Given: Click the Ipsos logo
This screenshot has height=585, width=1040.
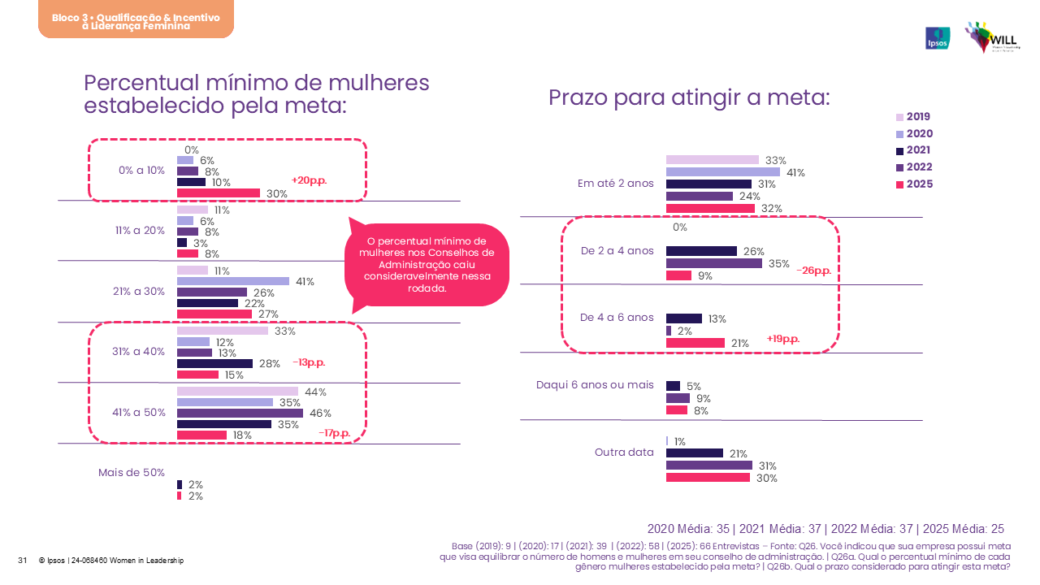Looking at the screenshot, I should pos(938,38).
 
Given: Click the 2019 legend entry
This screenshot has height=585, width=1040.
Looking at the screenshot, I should pos(913,117).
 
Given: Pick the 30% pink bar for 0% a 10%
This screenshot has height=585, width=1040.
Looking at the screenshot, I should pos(219,193).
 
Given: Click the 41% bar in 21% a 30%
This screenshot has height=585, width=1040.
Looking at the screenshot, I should pos(233,282).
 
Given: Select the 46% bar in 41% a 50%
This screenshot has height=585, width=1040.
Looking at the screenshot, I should pos(240,414).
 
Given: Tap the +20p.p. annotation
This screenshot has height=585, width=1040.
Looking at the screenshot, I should pos(309,180).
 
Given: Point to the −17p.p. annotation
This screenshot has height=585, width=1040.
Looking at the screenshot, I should pos(334,433).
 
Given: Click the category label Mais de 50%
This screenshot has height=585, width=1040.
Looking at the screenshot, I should pos(132,473).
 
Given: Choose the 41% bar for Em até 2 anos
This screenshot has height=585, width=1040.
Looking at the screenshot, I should pos(722,172).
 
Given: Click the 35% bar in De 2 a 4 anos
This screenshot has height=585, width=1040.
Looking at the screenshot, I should pos(713,263).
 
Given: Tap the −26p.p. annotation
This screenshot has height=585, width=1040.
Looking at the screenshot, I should pos(813,271).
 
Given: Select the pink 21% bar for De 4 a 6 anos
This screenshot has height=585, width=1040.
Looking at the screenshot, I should pos(695,343).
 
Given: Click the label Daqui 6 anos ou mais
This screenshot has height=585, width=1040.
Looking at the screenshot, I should pos(596,384).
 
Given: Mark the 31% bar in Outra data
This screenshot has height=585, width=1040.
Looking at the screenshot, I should pos(708,466).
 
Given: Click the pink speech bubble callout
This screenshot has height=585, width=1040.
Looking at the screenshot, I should pos(427,265).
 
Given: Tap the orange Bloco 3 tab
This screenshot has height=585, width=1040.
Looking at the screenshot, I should pos(136,19).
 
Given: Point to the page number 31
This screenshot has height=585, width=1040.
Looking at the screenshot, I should pos(23,561).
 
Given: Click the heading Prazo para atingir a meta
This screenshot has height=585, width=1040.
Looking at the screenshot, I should pos(689,98).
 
